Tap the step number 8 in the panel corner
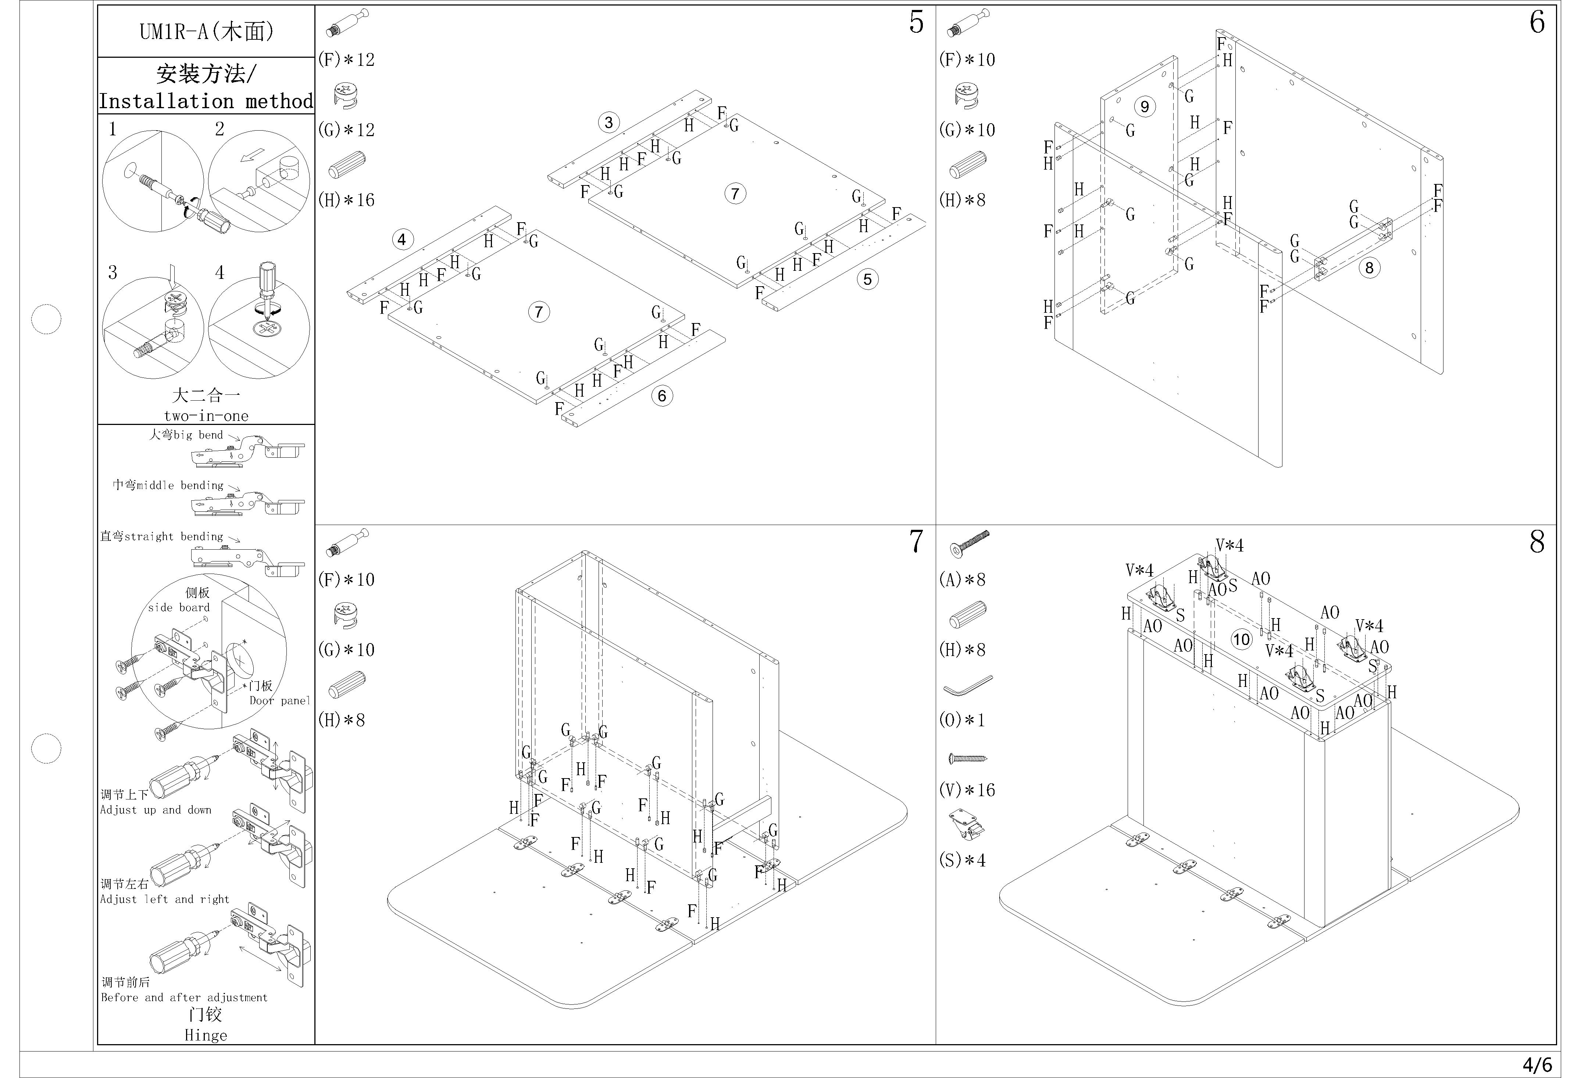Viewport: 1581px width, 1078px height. pyautogui.click(x=1537, y=542)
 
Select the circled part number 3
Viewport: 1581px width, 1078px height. pyautogui.click(x=608, y=123)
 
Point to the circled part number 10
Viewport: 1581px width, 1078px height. pyautogui.click(x=1242, y=639)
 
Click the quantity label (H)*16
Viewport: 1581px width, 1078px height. pyautogui.click(x=346, y=200)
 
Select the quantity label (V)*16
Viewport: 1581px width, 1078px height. pyautogui.click(x=967, y=790)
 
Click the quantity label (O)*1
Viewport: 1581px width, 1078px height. pyautogui.click(x=961, y=720)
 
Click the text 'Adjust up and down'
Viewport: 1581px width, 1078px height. pyautogui.click(x=156, y=810)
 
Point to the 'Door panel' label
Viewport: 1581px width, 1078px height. pyautogui.click(x=279, y=700)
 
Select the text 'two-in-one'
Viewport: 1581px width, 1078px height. pyautogui.click(x=206, y=416)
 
